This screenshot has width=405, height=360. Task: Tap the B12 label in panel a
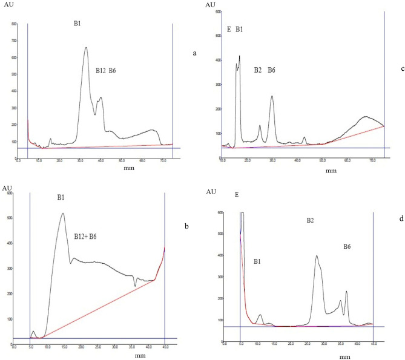coord(100,71)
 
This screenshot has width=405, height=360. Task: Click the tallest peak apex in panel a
coord(86,48)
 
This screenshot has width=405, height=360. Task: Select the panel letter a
coord(194,53)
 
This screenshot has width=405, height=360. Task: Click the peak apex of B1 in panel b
coord(62,213)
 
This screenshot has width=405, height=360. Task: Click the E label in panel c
coord(229,29)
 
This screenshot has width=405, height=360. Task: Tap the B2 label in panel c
coord(258,71)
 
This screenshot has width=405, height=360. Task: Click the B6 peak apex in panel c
coord(272,96)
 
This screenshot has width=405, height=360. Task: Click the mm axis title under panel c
coord(331,171)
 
